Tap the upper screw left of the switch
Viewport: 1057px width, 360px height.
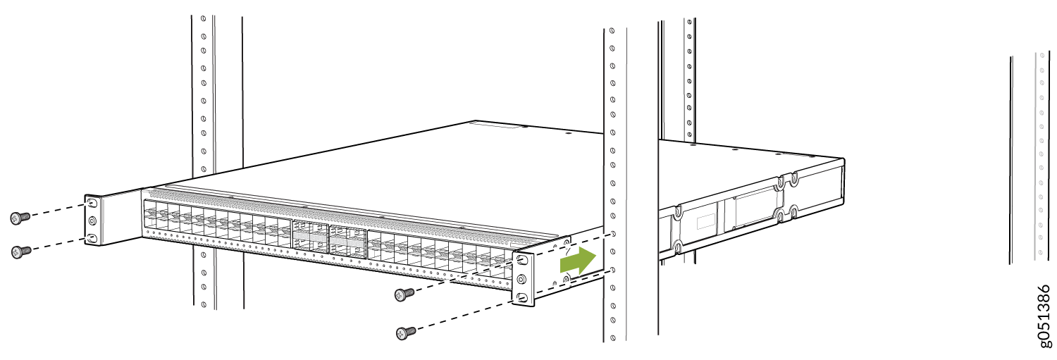(20, 218)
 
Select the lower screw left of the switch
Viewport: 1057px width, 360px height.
(21, 252)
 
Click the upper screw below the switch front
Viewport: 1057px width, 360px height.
(404, 294)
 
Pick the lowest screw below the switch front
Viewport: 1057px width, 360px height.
(406, 333)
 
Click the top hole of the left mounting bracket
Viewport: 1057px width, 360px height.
(92, 204)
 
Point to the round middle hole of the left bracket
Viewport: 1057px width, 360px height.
(92, 221)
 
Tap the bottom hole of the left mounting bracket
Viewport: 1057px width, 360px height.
(92, 237)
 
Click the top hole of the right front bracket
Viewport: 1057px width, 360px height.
(522, 260)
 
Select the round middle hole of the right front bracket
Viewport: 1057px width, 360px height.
(521, 279)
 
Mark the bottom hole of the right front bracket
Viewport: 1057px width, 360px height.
(521, 297)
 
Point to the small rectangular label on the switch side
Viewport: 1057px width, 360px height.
(706, 222)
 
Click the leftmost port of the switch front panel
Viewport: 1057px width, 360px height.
(150, 211)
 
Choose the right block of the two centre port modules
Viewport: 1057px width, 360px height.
(348, 241)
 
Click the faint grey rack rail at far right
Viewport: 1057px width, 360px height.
(1041, 156)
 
